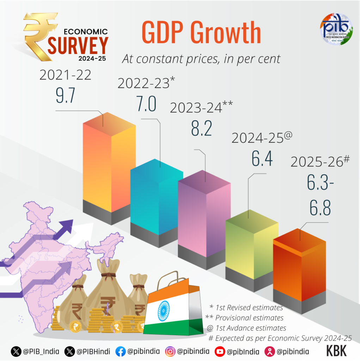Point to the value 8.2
[201, 128]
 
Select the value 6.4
[262, 158]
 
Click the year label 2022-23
[146, 83]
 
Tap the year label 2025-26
[320, 161]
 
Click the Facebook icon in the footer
[120, 351]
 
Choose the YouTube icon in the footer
[220, 351]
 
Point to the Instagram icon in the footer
[170, 351]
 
